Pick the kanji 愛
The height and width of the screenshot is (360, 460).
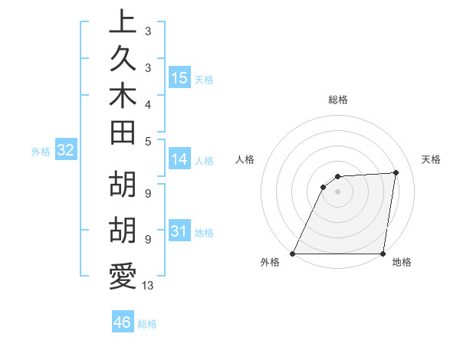coord(121,277)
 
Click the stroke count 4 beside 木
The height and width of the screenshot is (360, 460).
coord(147,103)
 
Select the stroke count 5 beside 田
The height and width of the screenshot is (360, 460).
coord(147,141)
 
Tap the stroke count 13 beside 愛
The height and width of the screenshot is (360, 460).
coord(148,286)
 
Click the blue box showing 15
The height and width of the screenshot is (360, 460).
coord(179,78)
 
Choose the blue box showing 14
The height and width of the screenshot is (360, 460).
coord(179,160)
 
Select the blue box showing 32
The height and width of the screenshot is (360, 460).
coord(66,151)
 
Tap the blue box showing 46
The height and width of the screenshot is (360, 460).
coord(123,322)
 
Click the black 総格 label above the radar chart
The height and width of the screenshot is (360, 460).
coord(338,100)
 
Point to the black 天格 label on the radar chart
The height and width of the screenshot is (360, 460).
coord(432,159)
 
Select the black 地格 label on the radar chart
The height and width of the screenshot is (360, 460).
coord(402,262)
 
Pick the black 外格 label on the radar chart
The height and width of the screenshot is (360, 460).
coord(271,262)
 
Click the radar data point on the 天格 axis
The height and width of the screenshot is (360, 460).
coord(396,173)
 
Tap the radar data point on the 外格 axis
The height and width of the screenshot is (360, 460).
coord(293,254)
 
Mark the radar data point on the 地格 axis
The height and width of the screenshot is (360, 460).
coord(383,254)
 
